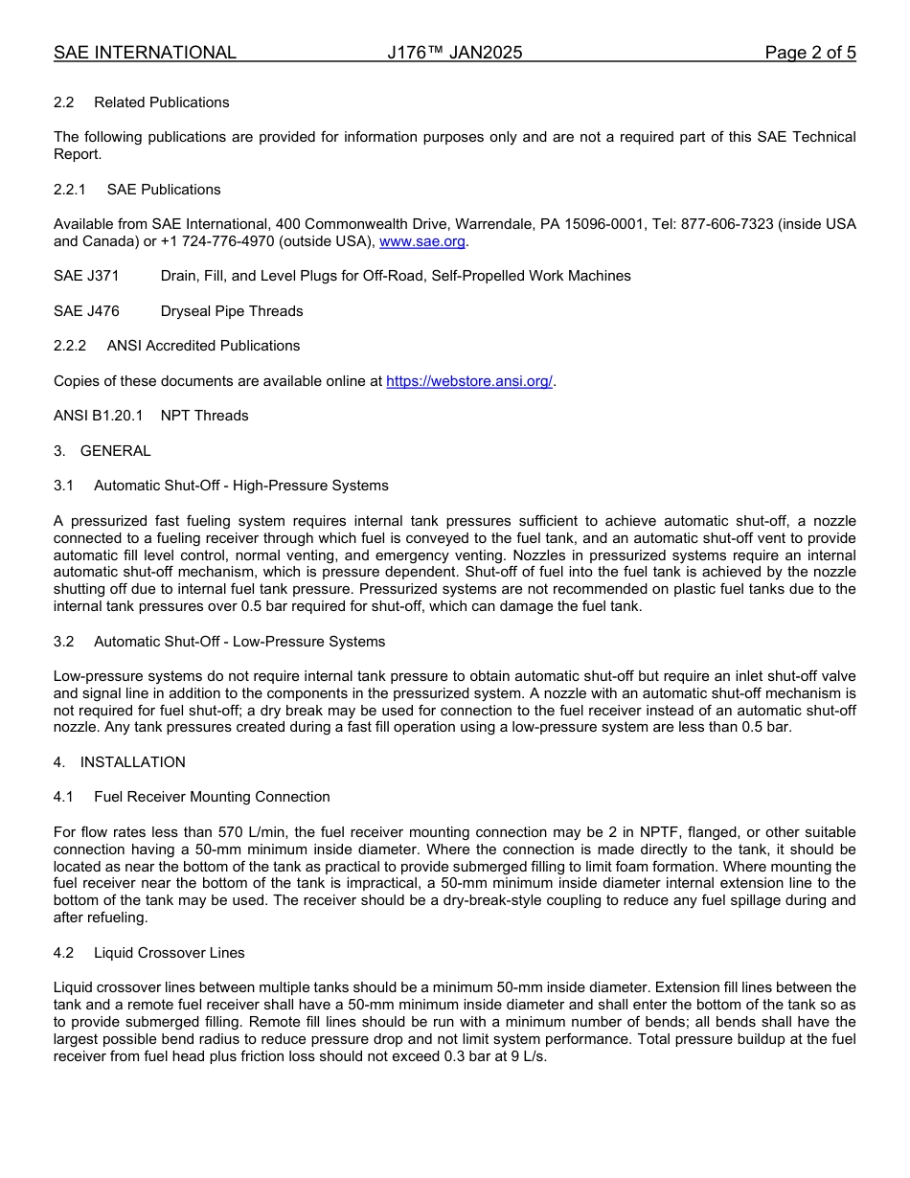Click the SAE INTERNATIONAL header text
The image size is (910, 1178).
[145, 53]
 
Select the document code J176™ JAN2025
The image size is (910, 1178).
[455, 53]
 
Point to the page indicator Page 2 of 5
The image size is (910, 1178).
[809, 53]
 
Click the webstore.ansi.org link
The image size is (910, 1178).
[469, 381]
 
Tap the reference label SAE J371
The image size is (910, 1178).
[86, 276]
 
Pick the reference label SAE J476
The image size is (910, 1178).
[86, 311]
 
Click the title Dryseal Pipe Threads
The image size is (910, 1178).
[232, 311]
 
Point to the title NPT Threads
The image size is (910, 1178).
[204, 416]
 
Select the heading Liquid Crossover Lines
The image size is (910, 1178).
[170, 953]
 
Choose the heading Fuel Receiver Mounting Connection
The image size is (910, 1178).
[212, 797]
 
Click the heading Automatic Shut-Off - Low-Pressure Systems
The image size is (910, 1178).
[239, 642]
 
